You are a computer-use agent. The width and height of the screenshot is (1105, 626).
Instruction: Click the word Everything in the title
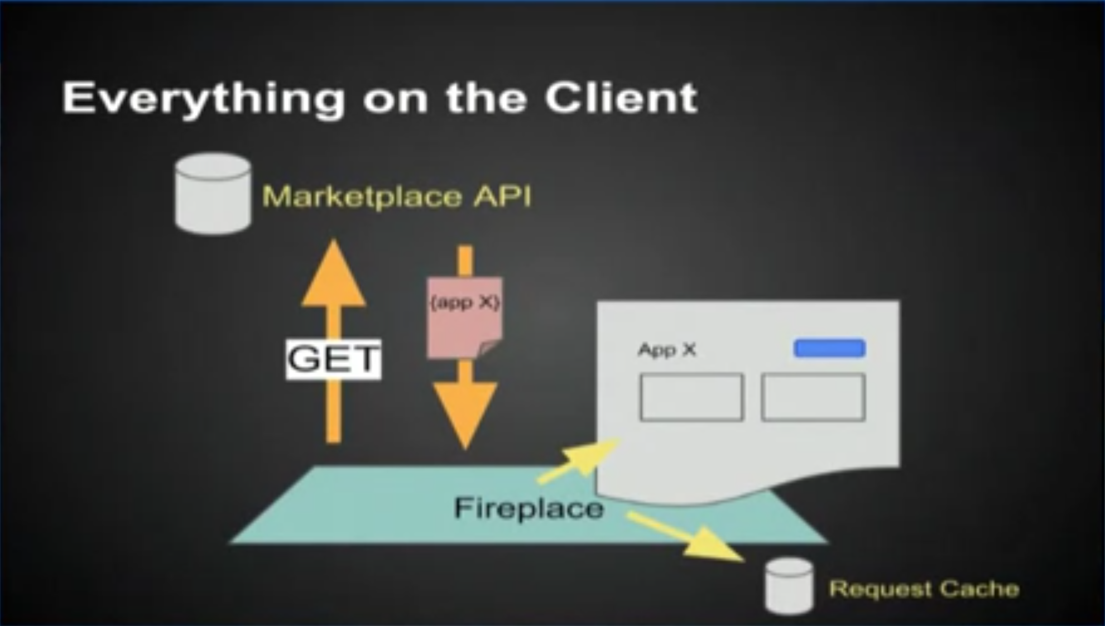point(203,98)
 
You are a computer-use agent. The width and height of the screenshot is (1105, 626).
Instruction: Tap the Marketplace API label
point(396,196)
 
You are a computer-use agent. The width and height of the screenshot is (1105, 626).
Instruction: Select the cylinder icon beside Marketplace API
point(213,193)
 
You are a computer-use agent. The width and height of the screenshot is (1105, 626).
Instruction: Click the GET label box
point(333,359)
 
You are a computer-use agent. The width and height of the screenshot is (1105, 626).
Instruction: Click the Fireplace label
point(529,508)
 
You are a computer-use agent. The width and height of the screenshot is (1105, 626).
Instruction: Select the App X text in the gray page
point(667,350)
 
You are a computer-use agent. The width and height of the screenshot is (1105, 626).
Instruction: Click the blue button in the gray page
point(829,348)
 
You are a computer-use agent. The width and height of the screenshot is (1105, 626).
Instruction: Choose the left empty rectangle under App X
point(691,397)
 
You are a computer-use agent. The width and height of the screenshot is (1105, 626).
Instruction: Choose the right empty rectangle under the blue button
point(813,397)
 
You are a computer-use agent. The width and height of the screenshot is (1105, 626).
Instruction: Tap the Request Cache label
point(924,589)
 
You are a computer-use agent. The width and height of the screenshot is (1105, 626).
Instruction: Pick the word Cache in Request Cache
point(979,589)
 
